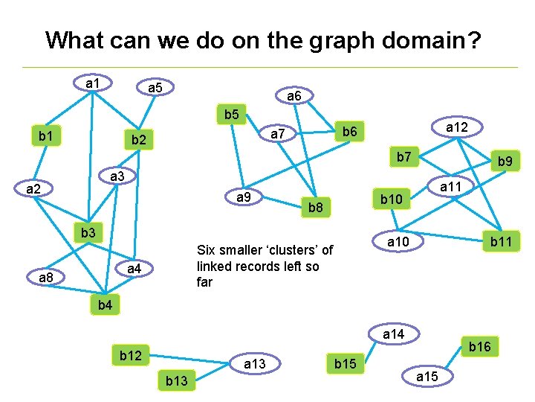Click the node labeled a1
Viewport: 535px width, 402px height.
[93, 83]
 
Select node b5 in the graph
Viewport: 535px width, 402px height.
[231, 115]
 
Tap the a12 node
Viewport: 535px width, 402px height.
[456, 128]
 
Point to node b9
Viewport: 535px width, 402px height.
[505, 161]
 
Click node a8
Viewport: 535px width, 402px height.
[46, 278]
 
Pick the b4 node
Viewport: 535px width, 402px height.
[104, 304]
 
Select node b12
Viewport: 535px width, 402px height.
[131, 356]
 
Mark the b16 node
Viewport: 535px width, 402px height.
[479, 346]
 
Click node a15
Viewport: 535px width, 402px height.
[427, 377]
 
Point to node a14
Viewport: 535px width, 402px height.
[393, 334]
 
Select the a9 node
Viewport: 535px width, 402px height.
[242, 198]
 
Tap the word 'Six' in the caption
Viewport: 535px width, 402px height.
[206, 250]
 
